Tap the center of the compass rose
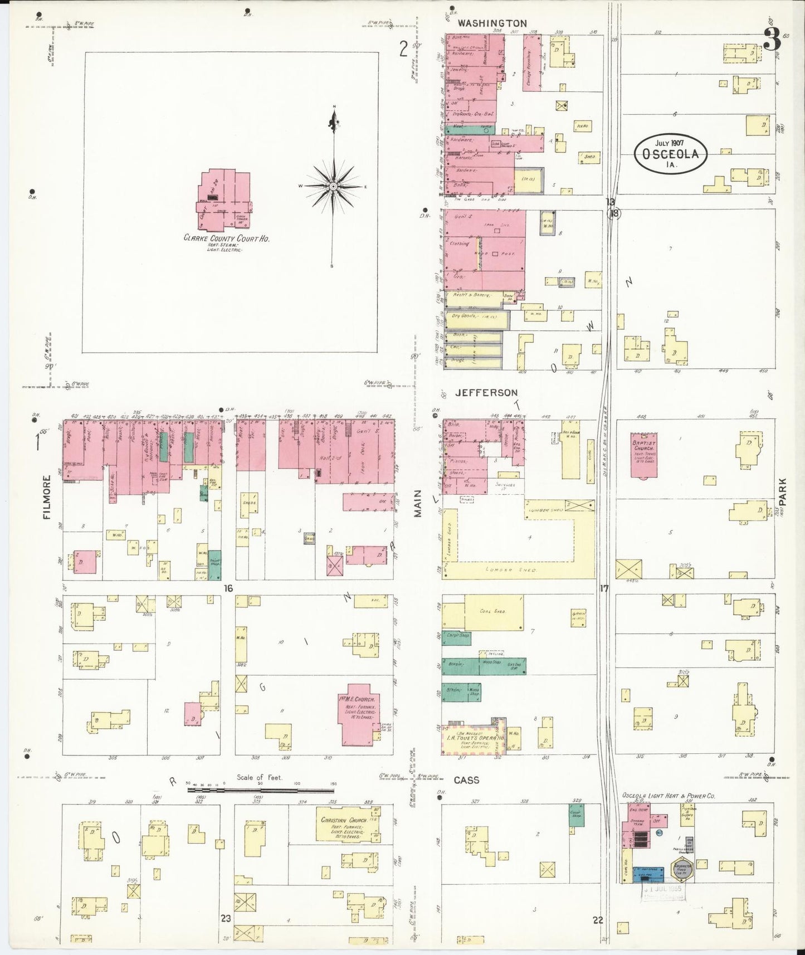click(333, 186)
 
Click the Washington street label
click(491, 23)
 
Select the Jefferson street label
click(486, 393)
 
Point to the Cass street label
click(466, 780)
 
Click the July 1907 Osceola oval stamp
click(670, 152)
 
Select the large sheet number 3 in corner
click(771, 40)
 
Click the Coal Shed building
click(493, 612)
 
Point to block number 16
click(228, 588)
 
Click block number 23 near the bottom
click(226, 919)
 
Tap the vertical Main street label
click(417, 508)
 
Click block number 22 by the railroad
click(598, 920)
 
